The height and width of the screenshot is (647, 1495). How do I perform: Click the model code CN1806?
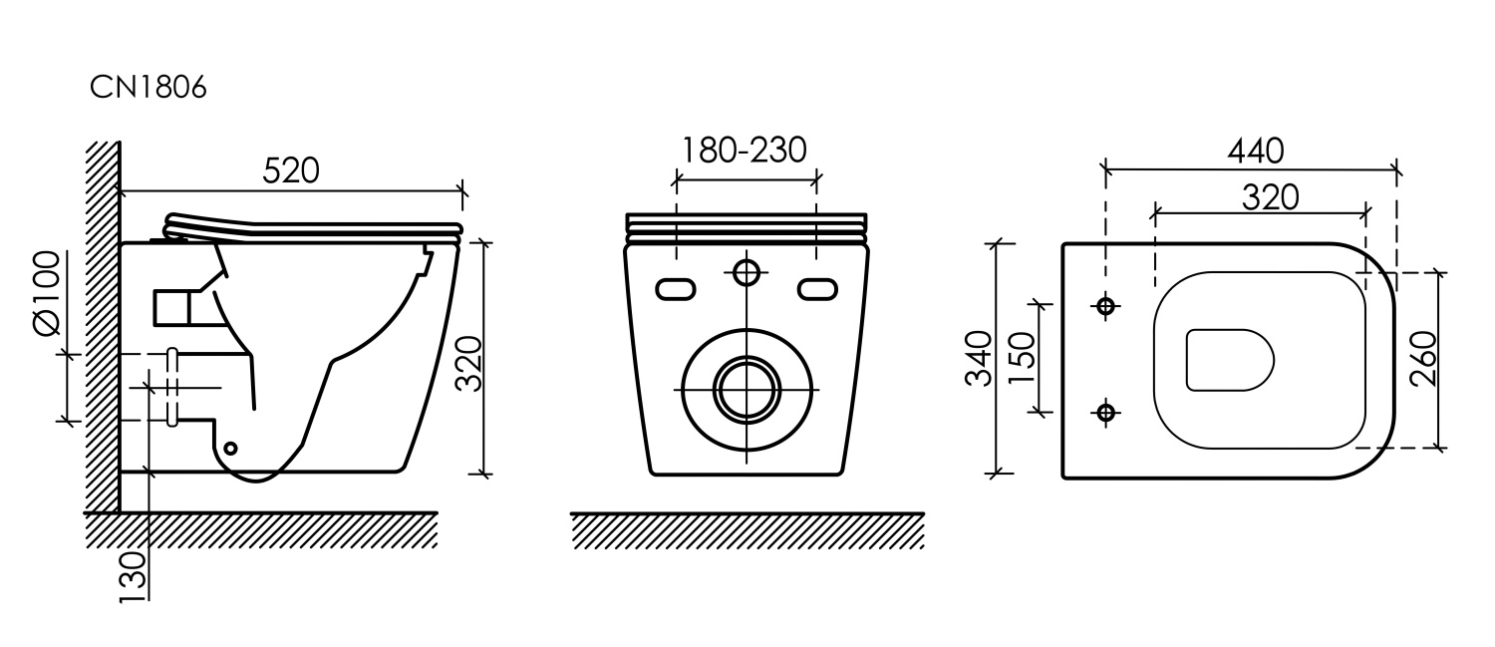click(x=149, y=88)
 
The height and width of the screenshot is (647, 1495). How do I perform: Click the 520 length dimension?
click(x=291, y=170)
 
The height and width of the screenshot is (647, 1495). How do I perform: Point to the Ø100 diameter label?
click(x=46, y=293)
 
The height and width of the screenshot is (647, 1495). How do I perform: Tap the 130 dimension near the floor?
click(x=133, y=577)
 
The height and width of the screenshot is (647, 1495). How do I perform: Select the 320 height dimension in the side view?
click(x=468, y=363)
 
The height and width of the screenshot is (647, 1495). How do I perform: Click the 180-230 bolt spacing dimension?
click(x=744, y=151)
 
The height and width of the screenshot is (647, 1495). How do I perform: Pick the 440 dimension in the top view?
click(x=1256, y=152)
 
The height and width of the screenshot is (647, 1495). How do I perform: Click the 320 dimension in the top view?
click(x=1270, y=197)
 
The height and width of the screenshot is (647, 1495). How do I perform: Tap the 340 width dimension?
click(x=979, y=358)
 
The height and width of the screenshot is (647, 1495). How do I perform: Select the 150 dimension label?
click(x=1022, y=358)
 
